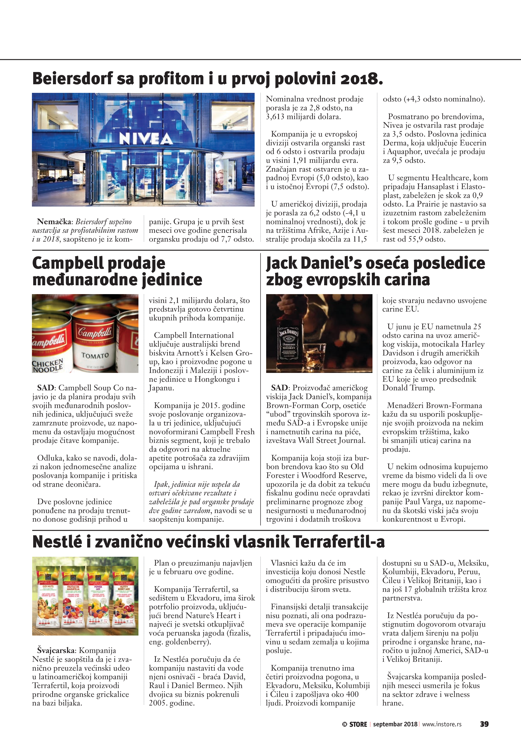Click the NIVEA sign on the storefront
[146, 139]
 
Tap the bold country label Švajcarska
[56, 650]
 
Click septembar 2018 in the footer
[395, 724]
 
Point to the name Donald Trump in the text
[408, 388]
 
